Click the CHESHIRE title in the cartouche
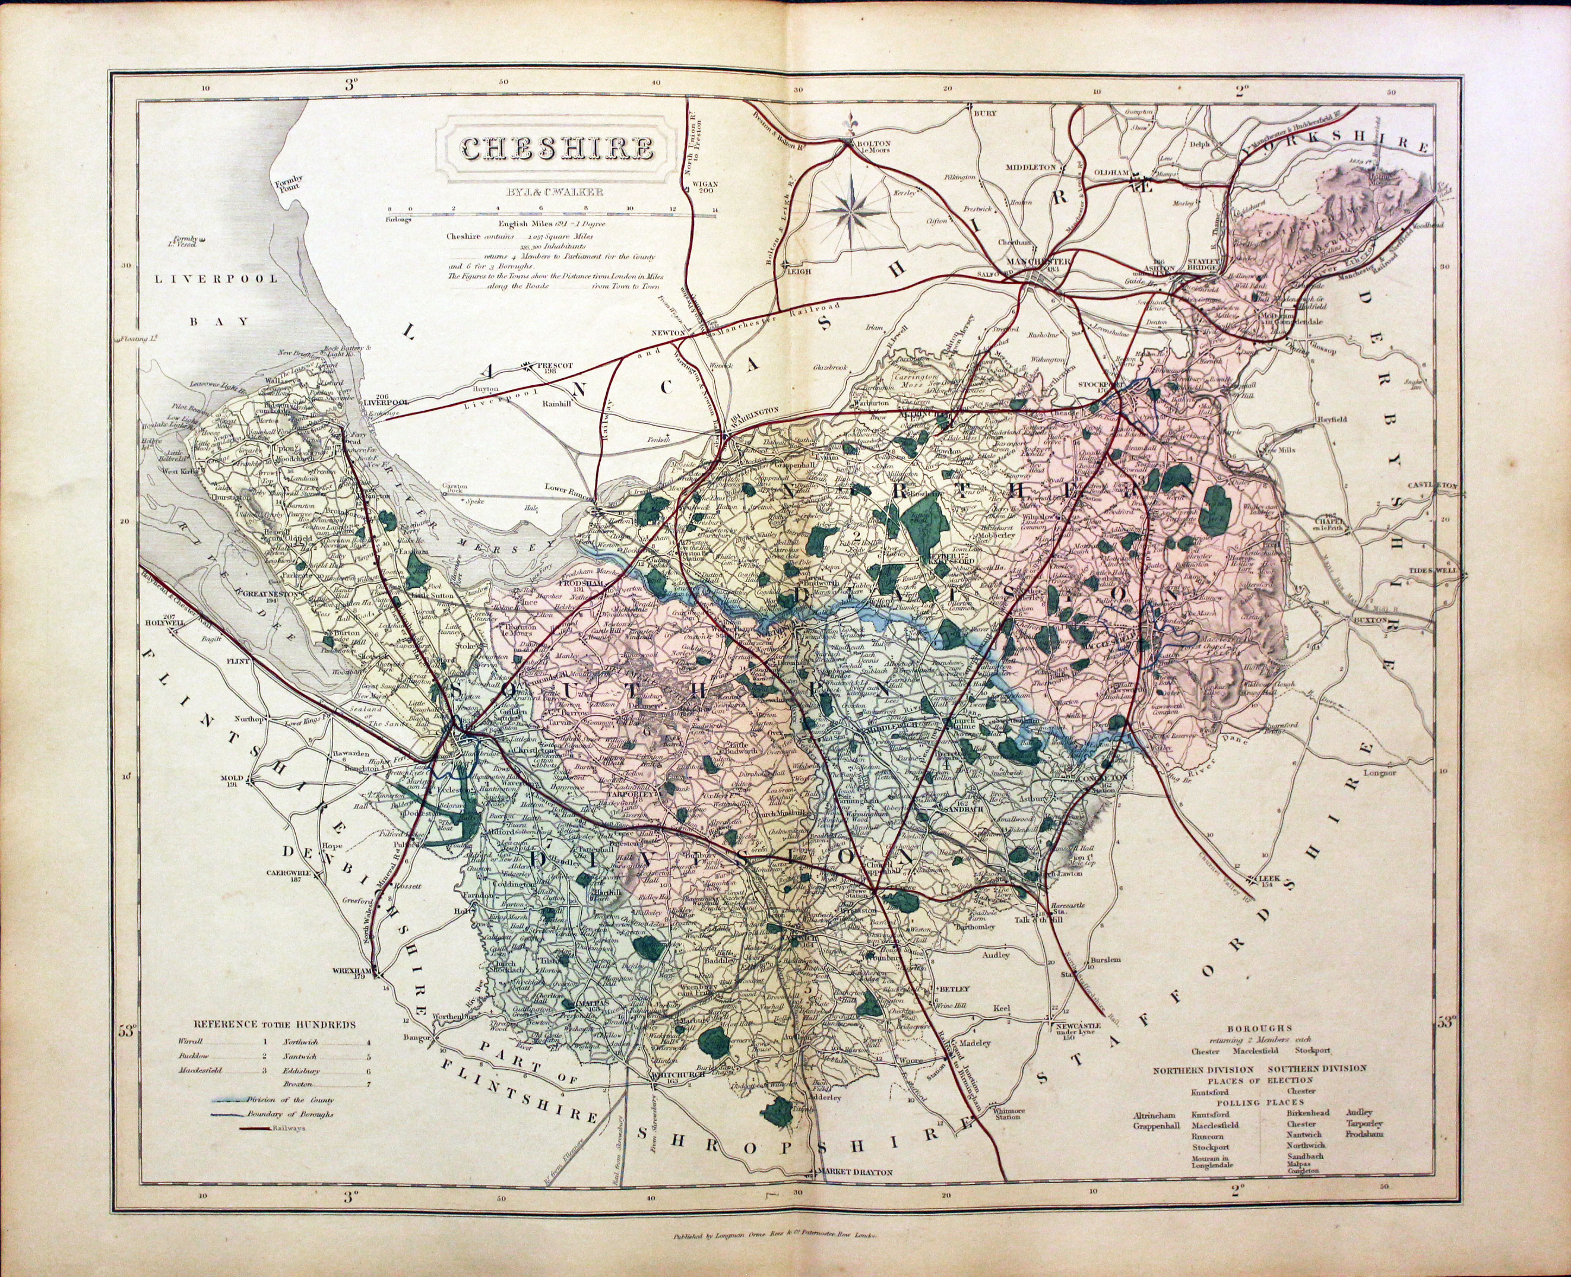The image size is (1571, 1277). [557, 150]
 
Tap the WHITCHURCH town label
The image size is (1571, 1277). [678, 1074]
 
